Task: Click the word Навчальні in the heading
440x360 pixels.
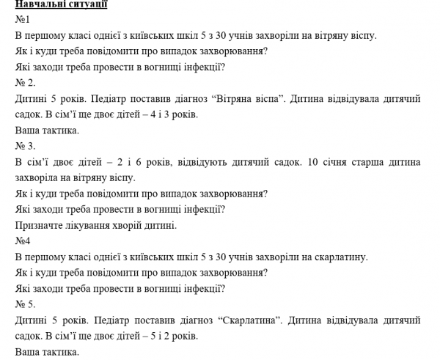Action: coord(39,5)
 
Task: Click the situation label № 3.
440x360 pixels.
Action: coord(25,146)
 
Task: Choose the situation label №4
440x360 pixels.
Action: coord(23,240)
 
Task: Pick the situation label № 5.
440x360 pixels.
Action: coord(25,304)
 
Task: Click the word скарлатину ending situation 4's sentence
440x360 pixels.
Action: coord(342,257)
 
